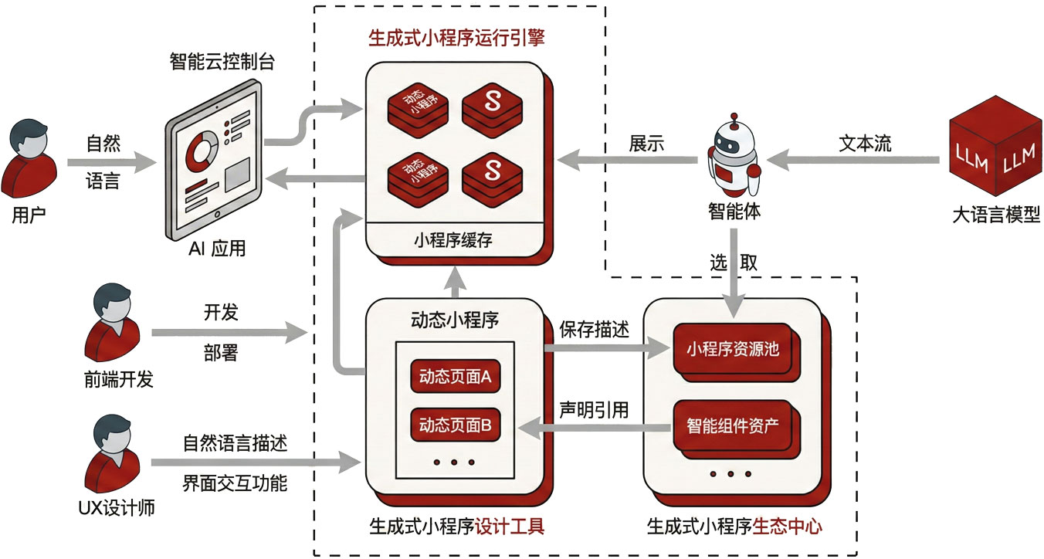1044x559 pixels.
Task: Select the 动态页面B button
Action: point(456,424)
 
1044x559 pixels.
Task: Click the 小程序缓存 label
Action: point(453,241)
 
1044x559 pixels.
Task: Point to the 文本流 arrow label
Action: point(864,144)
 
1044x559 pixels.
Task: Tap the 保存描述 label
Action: point(594,328)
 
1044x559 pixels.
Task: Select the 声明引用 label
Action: point(594,409)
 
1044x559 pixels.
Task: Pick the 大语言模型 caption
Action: point(996,215)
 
